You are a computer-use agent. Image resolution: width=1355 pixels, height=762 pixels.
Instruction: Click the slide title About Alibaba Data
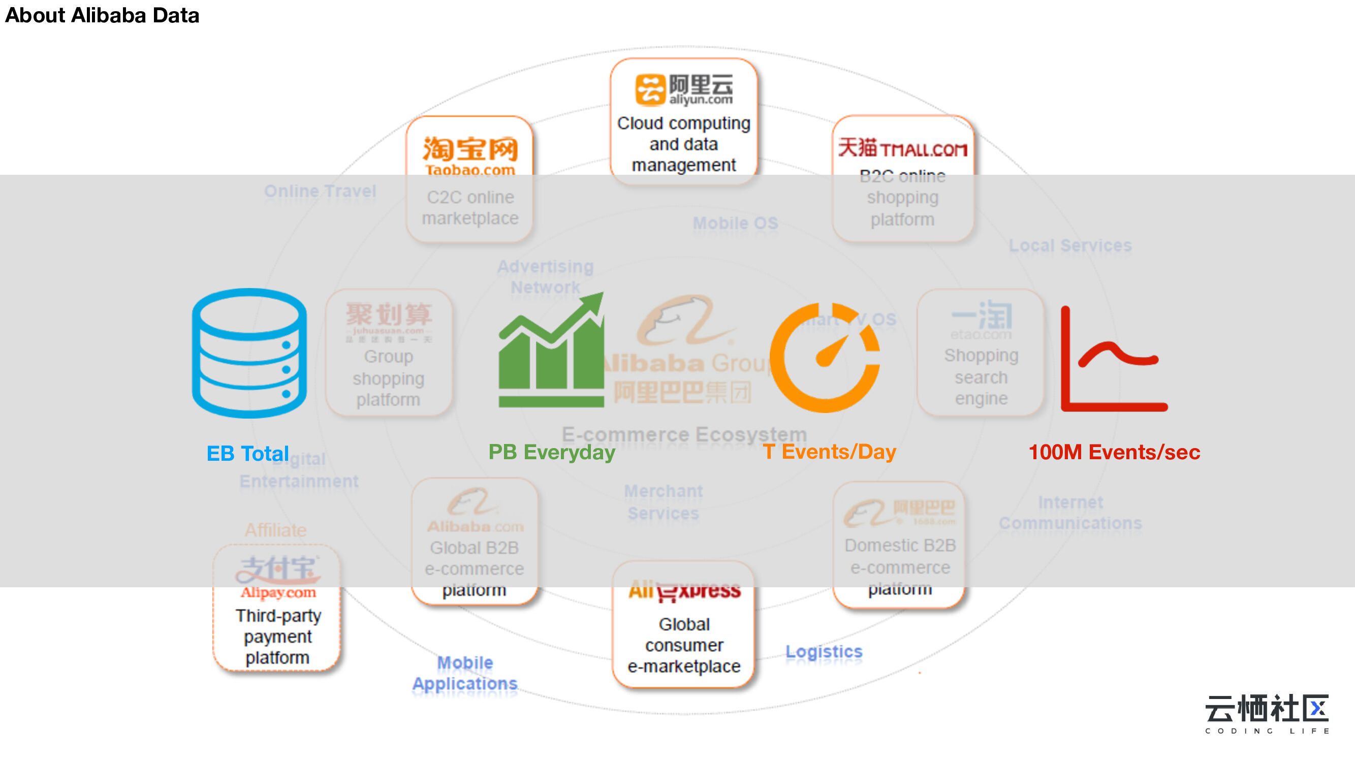[x=102, y=15]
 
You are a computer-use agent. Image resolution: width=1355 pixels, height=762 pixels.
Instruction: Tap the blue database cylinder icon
[x=249, y=353]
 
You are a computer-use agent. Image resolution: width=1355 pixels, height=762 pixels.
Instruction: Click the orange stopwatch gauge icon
[x=824, y=358]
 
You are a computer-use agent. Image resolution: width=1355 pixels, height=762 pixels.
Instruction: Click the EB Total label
[x=247, y=453]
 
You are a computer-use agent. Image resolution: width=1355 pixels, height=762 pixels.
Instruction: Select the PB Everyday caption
[x=551, y=452]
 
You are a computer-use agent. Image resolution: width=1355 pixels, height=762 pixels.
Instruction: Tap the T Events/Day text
[x=830, y=452]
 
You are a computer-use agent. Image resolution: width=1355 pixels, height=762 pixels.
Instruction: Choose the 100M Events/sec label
[x=1114, y=452]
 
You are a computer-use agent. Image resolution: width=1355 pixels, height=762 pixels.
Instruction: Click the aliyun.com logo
[x=684, y=89]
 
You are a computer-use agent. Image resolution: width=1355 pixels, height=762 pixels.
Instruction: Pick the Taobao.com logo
[x=470, y=155]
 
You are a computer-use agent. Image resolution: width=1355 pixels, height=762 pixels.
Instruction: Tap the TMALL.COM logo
[x=902, y=148]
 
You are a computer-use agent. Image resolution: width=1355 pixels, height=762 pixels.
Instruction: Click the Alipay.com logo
[x=277, y=579]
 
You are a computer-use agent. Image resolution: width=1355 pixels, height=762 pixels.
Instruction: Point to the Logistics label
[x=824, y=652]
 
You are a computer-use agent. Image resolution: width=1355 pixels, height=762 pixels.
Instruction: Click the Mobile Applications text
[x=465, y=673]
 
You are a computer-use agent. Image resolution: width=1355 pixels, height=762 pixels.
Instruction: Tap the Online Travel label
[x=320, y=191]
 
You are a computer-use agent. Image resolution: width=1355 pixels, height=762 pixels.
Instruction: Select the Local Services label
[x=1070, y=245]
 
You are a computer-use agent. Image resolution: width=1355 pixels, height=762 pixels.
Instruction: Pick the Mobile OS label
[x=735, y=223]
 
